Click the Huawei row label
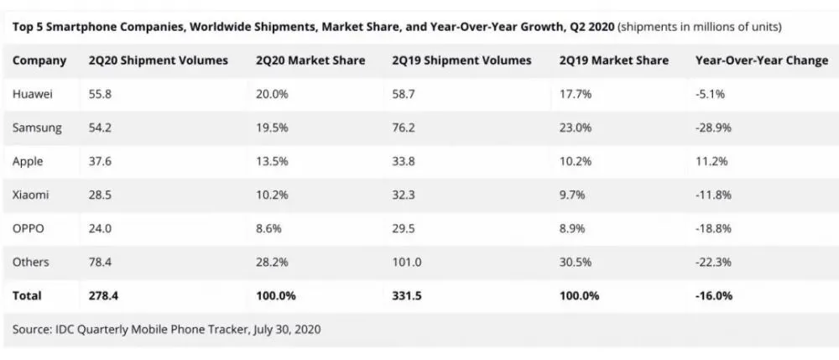point(33,94)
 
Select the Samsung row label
point(35,128)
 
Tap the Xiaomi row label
point(31,195)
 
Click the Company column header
point(40,60)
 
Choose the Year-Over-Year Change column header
point(762,60)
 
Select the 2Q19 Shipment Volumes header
point(461,60)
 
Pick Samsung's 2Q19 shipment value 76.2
point(404,128)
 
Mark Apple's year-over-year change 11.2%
point(711,161)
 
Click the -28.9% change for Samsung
point(714,128)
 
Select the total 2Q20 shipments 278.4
point(103,295)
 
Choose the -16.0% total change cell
point(715,295)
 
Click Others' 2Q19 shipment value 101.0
point(407,262)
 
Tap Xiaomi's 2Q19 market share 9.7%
point(572,195)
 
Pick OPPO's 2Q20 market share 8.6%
point(269,228)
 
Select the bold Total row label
point(27,295)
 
